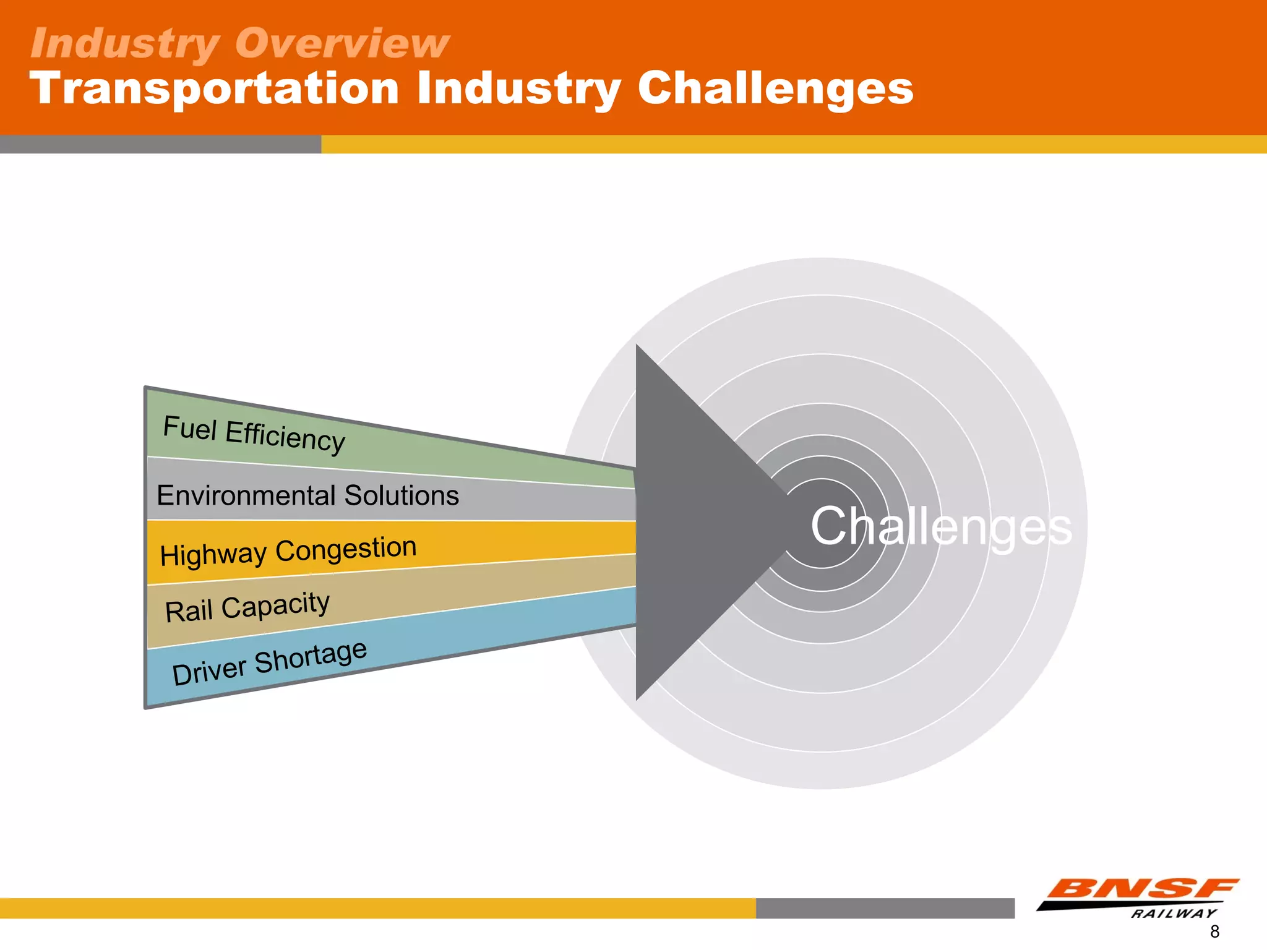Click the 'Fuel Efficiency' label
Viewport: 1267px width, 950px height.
click(254, 434)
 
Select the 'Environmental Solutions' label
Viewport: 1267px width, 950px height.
click(307, 495)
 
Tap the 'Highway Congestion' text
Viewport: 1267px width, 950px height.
click(288, 550)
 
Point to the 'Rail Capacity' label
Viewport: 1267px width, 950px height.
click(247, 607)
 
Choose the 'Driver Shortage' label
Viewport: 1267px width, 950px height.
click(269, 662)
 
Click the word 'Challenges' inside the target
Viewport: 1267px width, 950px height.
click(940, 526)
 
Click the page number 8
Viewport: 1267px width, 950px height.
click(1214, 931)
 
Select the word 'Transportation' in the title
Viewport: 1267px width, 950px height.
click(214, 88)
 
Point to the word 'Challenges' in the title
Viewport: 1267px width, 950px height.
click(775, 88)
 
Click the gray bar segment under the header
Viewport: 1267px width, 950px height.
click(160, 144)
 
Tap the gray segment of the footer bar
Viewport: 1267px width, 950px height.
click(885, 908)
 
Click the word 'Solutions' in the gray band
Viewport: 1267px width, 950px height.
click(402, 495)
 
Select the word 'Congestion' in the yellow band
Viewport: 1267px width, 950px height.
click(346, 548)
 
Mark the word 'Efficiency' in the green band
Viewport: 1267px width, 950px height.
click(285, 437)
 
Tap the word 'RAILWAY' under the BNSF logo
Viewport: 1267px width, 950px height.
click(1174, 914)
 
